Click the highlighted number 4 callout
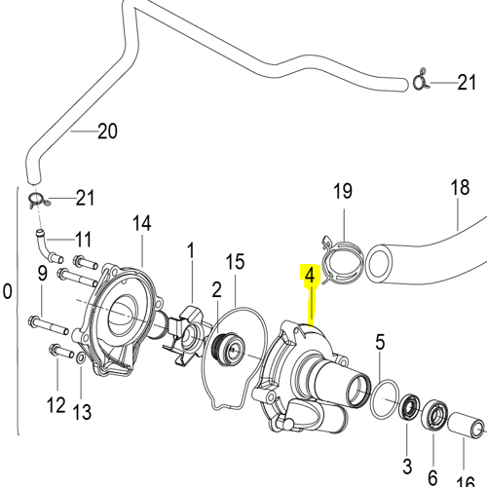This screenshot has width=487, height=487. (x=310, y=276)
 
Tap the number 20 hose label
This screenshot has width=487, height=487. (x=107, y=131)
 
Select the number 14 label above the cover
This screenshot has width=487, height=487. (x=142, y=223)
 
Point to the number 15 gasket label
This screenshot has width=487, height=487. (x=235, y=262)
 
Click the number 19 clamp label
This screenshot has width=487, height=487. (x=343, y=191)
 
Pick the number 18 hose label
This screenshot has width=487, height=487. (x=460, y=187)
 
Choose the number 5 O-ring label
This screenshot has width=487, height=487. (x=380, y=342)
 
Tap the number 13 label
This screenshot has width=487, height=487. (x=82, y=412)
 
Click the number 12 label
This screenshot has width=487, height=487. (x=56, y=405)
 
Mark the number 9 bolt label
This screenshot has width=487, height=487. (x=43, y=274)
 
